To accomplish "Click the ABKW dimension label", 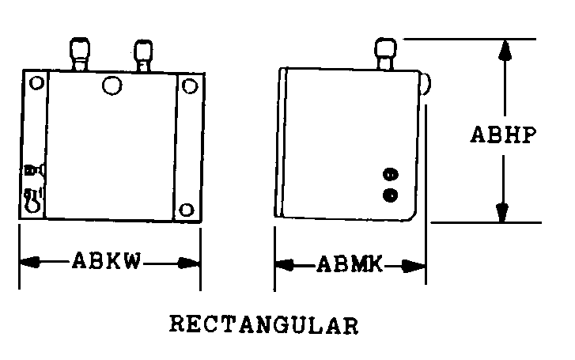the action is tap(106, 261).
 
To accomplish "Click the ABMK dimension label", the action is tap(350, 263).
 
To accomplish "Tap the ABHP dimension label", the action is tap(503, 135).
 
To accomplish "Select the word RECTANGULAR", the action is tap(263, 324).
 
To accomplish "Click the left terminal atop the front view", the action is tap(80, 54).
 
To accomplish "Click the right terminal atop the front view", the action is tap(143, 55).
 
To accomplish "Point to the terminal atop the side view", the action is tap(385, 54).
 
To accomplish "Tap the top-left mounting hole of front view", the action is tap(36, 82).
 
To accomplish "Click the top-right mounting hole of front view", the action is tap(190, 86).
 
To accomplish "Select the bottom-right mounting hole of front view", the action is tap(187, 210).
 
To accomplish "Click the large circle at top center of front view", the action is tap(112, 85).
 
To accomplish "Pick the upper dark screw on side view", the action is tap(391, 174).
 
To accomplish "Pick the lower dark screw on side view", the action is tap(391, 195).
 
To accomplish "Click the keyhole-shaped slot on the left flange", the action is tap(32, 200).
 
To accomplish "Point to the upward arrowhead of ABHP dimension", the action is tap(505, 51).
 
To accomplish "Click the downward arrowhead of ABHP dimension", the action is tap(502, 212).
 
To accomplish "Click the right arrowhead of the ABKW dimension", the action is tap(189, 263).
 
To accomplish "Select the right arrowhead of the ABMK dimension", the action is tap(414, 266).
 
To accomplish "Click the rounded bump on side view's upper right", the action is tap(426, 84).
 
